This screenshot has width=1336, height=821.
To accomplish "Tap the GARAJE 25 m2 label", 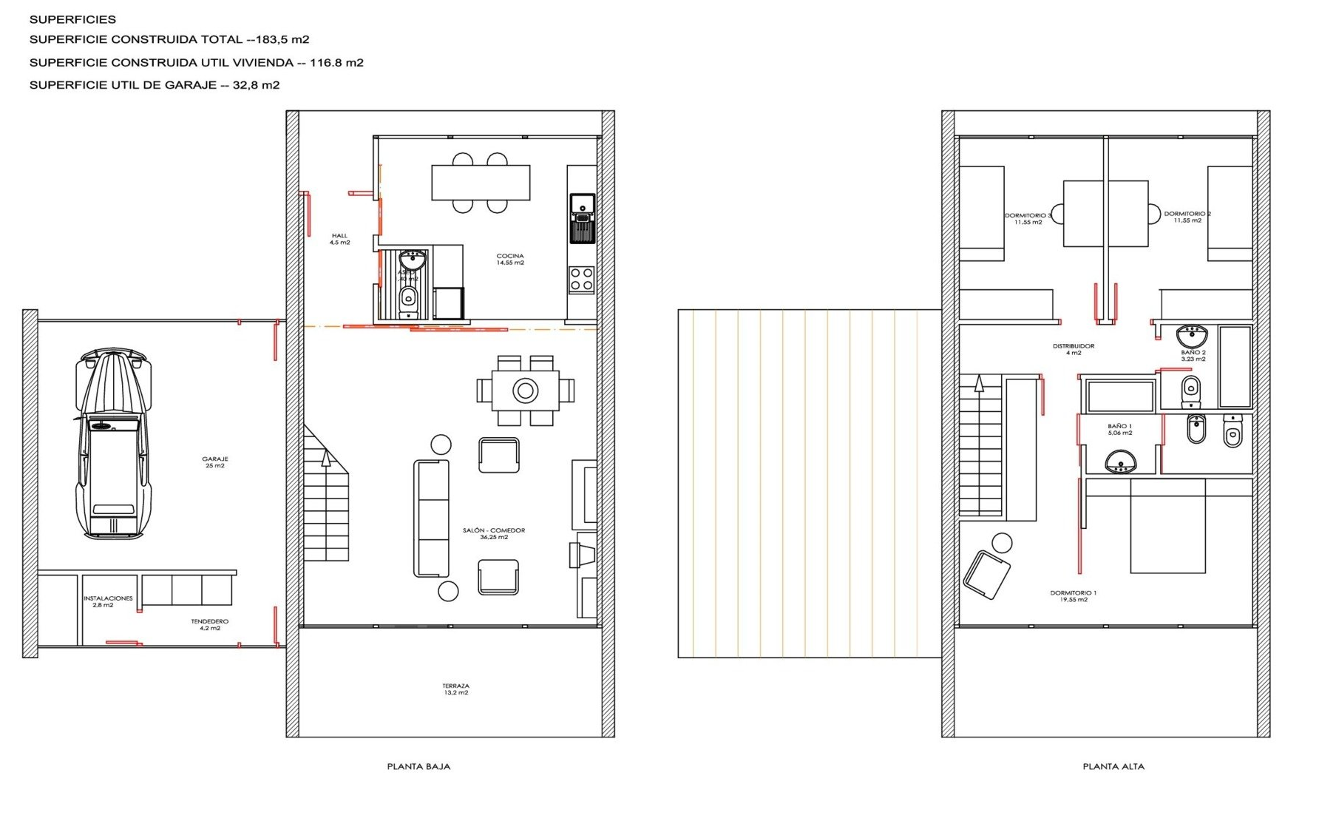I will (x=214, y=462).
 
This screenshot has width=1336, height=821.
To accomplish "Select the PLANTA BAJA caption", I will (x=418, y=767).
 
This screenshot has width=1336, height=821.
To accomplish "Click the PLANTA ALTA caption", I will (x=1113, y=767).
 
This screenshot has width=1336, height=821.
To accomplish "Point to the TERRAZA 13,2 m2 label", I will (x=455, y=689).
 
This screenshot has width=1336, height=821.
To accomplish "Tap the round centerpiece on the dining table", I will (x=525, y=390).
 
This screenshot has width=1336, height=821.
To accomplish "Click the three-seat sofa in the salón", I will (x=431, y=518).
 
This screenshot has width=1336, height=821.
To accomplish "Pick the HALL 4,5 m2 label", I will (x=339, y=239).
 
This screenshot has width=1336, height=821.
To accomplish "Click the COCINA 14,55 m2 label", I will (x=510, y=259).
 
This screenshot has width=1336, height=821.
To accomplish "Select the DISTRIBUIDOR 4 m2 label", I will (x=1074, y=349).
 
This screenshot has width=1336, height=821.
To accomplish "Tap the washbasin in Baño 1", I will (x=1120, y=464).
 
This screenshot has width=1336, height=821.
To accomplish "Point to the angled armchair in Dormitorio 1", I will (x=986, y=575).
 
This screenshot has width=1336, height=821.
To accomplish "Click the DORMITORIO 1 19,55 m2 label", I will (x=1074, y=596).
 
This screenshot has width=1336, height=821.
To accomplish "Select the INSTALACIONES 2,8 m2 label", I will (x=108, y=601).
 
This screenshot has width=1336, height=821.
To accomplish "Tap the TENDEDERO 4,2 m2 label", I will (x=210, y=624).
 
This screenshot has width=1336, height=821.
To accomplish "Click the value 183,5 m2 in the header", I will (x=282, y=40).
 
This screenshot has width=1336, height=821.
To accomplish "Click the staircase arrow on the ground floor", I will (x=325, y=459).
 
